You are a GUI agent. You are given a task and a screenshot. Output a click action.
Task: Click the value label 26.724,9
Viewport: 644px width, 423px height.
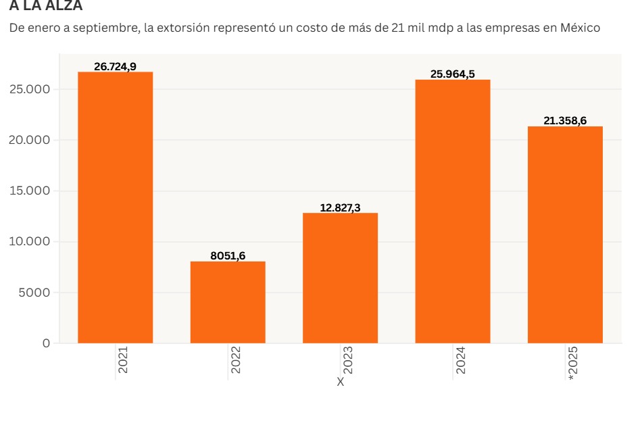(x=115, y=66)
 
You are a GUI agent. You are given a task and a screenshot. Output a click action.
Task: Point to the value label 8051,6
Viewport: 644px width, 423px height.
(x=228, y=255)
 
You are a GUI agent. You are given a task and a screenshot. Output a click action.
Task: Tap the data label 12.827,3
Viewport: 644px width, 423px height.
(x=340, y=207)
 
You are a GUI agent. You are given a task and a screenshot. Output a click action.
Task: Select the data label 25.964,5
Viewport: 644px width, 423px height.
(x=452, y=74)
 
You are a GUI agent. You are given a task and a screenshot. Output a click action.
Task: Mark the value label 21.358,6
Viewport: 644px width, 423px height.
(x=565, y=121)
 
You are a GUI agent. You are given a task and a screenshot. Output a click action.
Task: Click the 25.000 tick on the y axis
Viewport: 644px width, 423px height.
(x=29, y=90)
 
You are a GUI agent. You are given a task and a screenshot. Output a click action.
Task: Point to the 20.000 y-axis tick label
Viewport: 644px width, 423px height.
(x=29, y=141)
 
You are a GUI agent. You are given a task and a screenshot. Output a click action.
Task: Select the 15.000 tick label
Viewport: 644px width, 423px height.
(x=29, y=191)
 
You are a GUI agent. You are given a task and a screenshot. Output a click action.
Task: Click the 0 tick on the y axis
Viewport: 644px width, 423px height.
(x=46, y=343)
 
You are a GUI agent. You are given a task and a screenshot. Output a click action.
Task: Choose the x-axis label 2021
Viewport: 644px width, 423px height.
(x=123, y=360)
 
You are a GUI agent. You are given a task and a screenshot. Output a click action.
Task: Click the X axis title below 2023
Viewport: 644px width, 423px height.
(x=341, y=382)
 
